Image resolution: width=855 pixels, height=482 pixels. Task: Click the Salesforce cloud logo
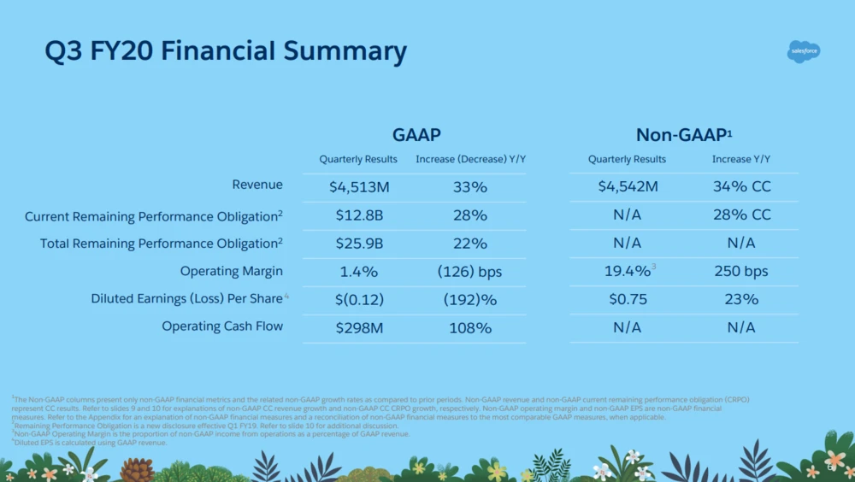(803, 51)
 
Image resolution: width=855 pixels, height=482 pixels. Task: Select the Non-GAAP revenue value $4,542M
(628, 186)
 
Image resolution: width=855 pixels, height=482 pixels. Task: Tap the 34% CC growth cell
(741, 186)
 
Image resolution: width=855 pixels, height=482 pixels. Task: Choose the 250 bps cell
(741, 271)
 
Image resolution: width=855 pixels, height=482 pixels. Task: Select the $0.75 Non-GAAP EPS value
(628, 299)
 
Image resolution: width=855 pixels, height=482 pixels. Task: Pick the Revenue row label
(257, 185)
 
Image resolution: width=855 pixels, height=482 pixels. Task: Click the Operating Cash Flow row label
(222, 326)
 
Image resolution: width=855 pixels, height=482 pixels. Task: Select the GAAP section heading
(416, 134)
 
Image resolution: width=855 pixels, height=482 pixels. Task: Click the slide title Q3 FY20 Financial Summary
(226, 51)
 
